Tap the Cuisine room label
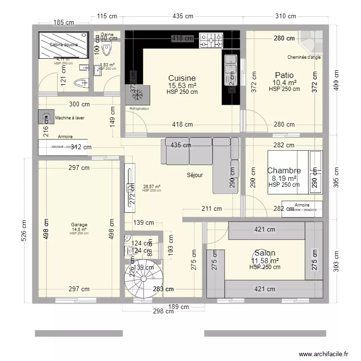coord(182,78)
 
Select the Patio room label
coord(284,75)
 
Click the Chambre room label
coord(284,170)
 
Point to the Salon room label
coord(265,253)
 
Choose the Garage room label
coord(78,224)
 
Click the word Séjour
coord(194,175)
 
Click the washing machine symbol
coord(46,117)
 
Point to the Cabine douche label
coord(64,45)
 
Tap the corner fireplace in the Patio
coord(311,41)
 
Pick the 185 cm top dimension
coord(64,22)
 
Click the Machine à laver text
coord(70,118)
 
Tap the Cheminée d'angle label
coord(304,57)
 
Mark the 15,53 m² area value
coord(182,86)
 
